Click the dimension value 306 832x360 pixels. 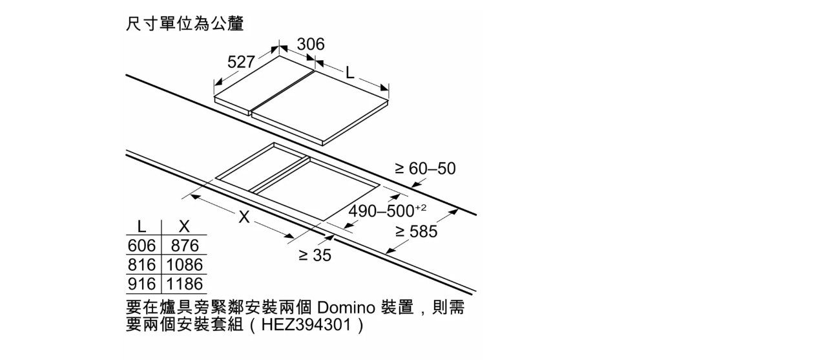click(311, 44)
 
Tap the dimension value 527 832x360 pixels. click(241, 62)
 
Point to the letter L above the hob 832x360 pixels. click(350, 73)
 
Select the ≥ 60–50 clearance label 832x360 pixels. click(425, 169)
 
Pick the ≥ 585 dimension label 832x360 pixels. click(417, 231)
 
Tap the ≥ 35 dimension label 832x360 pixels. click(315, 255)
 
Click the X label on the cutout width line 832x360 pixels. click(244, 217)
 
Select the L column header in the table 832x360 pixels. click(141, 226)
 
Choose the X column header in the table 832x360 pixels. click(184, 226)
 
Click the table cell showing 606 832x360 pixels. click(141, 246)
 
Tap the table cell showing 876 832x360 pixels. click(185, 246)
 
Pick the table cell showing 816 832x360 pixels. click(141, 265)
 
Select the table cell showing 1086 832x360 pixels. click(185, 265)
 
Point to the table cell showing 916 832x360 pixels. click(141, 284)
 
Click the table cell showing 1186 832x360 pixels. click(185, 284)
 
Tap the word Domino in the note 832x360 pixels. click(346, 308)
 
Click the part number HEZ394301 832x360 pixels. click(306, 325)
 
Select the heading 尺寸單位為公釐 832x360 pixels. click(185, 23)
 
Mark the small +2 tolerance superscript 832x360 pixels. click(421, 207)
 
